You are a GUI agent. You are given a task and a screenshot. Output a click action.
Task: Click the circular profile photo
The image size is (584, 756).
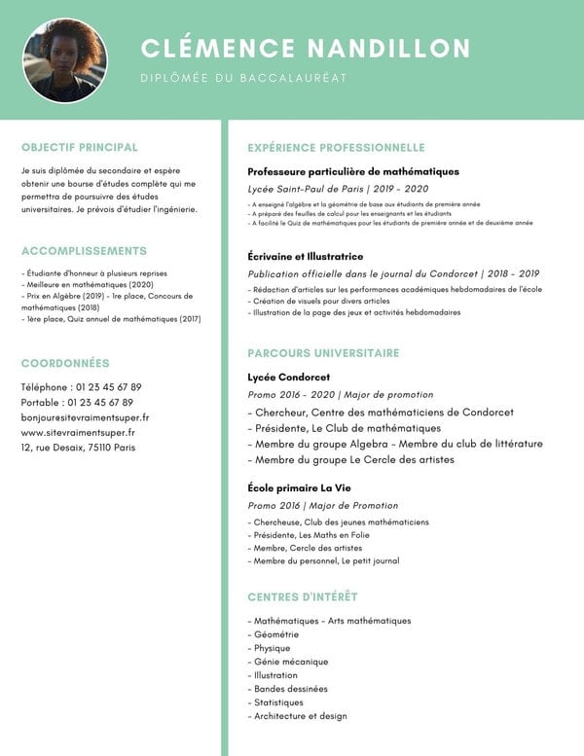64,60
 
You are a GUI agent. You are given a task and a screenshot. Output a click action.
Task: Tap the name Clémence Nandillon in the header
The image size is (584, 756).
306,49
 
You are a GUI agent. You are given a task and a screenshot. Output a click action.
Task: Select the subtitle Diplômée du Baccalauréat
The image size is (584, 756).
243,78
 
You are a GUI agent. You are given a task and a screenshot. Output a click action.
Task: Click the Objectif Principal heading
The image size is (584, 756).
80,148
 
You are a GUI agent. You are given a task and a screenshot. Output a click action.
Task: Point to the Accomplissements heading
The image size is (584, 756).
84,251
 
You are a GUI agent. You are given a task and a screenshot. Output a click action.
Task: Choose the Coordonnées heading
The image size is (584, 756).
65,363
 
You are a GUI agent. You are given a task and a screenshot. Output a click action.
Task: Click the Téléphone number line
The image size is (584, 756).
81,387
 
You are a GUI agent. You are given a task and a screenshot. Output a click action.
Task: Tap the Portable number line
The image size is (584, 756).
77,402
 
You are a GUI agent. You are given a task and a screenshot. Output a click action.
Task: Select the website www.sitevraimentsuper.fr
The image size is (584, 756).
78,432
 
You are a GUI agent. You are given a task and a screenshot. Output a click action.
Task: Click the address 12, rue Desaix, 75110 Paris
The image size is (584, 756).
78,448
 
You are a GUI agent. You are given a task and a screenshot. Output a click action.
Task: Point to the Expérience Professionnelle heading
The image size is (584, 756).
336,148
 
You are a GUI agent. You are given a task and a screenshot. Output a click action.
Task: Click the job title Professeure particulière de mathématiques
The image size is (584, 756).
353,171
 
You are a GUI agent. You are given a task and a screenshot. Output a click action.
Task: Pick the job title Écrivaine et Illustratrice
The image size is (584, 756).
306,256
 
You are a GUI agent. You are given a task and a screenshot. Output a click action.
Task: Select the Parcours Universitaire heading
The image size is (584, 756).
323,353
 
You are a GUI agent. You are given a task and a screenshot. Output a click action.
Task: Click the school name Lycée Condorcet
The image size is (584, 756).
289,377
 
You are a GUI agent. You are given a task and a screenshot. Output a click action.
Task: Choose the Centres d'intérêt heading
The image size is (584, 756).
303,596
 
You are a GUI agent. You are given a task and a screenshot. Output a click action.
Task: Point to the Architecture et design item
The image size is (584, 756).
299,716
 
